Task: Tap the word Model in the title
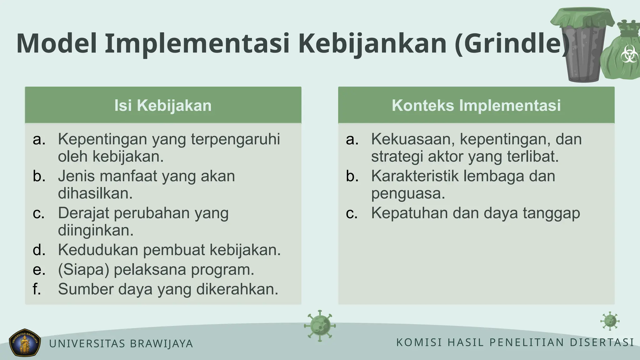pyautogui.click(x=57, y=44)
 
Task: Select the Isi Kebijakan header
pyautogui.click(x=163, y=105)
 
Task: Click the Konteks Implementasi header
pyautogui.click(x=476, y=105)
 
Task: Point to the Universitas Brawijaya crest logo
pyautogui.click(x=25, y=342)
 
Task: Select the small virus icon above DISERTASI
pyautogui.click(x=610, y=321)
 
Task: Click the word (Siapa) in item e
pyautogui.click(x=83, y=270)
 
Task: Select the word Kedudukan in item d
pyautogui.click(x=98, y=250)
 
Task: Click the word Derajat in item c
pyautogui.click(x=83, y=213)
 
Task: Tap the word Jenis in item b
pyautogui.click(x=76, y=176)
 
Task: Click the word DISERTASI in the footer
pyautogui.click(x=602, y=342)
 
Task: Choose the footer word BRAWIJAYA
pyautogui.click(x=161, y=344)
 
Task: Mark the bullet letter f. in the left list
pyautogui.click(x=37, y=289)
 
